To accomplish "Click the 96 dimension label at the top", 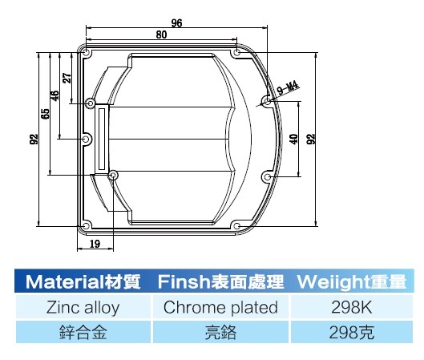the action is [176, 22].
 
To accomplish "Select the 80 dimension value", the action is [161, 34].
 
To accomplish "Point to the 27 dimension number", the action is [67, 78].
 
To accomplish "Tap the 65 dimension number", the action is [46, 114].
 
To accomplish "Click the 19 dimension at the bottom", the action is [95, 244].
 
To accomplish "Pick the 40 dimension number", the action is [294, 139].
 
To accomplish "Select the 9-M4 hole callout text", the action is [289, 88].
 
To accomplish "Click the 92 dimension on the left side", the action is [34, 139].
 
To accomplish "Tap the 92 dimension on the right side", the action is [311, 139].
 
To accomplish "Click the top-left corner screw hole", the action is [86, 52].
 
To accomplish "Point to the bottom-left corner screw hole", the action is [86, 226].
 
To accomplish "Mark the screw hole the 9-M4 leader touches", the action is [267, 102].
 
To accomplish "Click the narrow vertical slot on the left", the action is [103, 139].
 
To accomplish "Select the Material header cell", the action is [83, 281].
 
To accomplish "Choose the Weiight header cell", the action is [352, 281].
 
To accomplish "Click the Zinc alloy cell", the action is [83, 307].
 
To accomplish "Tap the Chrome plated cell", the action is [220, 307].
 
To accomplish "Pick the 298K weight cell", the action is [352, 307].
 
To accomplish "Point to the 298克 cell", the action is [352, 332].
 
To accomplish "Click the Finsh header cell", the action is [220, 281].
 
